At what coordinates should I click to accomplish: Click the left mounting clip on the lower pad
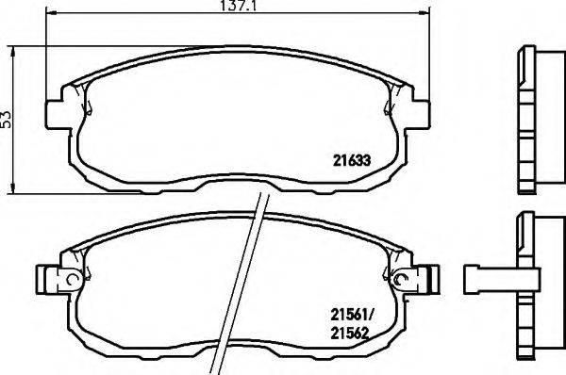54,278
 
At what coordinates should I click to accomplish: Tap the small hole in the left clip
70,279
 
